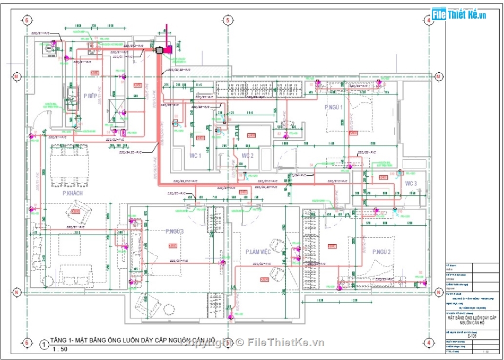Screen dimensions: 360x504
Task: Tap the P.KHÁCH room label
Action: pos(72,194)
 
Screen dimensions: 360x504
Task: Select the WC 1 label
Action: pos(195,156)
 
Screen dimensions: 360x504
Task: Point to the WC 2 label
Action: pos(247,156)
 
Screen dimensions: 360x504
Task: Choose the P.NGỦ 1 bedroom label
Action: pos(334,108)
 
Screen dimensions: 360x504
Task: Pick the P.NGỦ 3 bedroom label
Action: pos(174,232)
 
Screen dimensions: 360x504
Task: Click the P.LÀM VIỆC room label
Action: pos(258,252)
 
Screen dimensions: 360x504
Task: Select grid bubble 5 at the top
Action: pos(228,20)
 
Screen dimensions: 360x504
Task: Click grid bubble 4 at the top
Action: pos(428,20)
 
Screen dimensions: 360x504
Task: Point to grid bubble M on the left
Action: pos(17,76)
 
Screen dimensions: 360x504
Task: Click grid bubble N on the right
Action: pos(439,292)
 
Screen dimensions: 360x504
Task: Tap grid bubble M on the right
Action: pos(439,76)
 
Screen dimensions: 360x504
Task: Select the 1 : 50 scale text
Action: pos(59,349)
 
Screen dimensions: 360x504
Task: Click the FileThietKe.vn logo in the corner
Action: pos(459,14)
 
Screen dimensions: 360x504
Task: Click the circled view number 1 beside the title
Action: pos(42,344)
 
